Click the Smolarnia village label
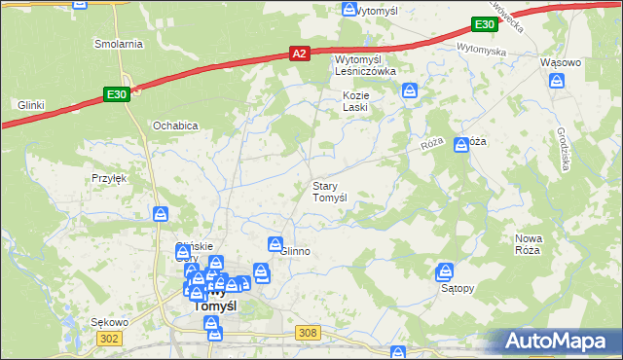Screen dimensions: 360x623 pyautogui.click(x=118, y=44)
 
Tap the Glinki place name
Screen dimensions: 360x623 pyautogui.click(x=32, y=105)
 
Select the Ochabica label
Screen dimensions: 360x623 pyautogui.click(x=176, y=126)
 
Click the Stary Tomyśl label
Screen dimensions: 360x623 pyautogui.click(x=329, y=192)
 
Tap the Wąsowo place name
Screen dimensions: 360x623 pyautogui.click(x=560, y=62)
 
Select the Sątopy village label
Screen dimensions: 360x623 pyautogui.click(x=457, y=289)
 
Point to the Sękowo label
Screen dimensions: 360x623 pyautogui.click(x=109, y=321)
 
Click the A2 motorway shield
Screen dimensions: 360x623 pyautogui.click(x=300, y=54)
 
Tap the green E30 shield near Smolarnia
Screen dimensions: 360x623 pyautogui.click(x=116, y=93)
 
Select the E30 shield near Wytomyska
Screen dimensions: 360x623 pyautogui.click(x=484, y=23)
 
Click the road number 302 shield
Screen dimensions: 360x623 pyautogui.click(x=109, y=338)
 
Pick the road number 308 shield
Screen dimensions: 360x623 pyautogui.click(x=309, y=333)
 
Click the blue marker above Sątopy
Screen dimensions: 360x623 pyautogui.click(x=446, y=271)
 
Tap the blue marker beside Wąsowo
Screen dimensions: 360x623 pyautogui.click(x=557, y=81)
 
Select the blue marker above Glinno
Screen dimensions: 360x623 pyautogui.click(x=275, y=242)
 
